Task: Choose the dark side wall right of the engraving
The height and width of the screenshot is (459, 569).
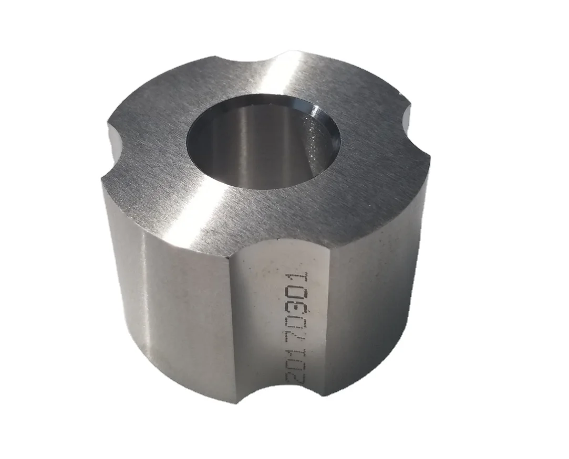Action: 368,294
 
